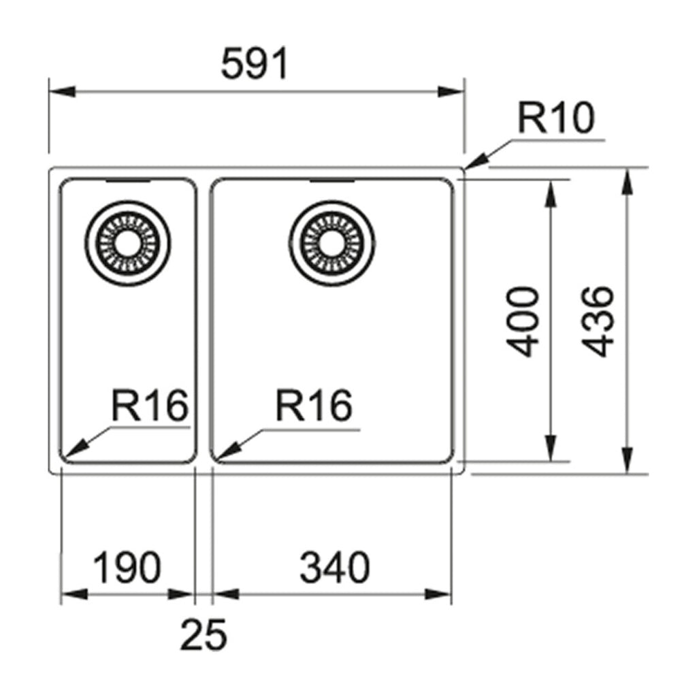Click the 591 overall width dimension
[256, 66]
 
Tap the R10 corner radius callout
[556, 118]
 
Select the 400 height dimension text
[525, 322]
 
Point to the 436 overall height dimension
[600, 321]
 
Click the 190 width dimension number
[127, 568]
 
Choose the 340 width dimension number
[335, 568]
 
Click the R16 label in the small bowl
[149, 406]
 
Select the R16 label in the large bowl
[314, 406]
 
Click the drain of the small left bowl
[127, 242]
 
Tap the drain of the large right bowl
[331, 242]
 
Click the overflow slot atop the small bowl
[128, 182]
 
